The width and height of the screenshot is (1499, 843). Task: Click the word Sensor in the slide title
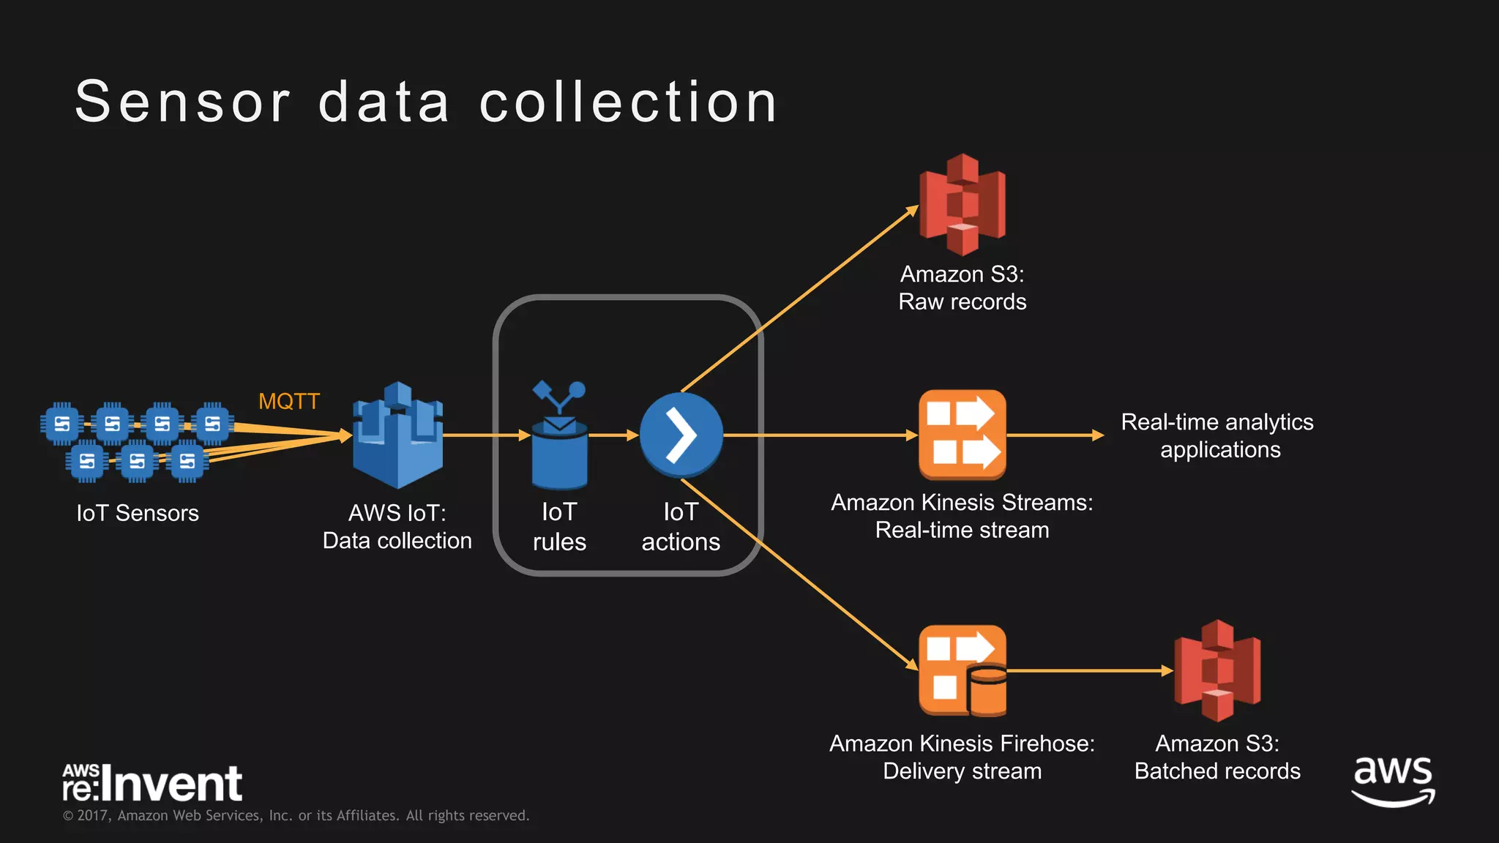183,102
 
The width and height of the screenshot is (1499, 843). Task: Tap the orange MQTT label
289,402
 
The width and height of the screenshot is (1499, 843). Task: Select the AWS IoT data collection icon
397,436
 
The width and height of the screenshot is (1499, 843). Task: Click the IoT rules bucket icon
559,446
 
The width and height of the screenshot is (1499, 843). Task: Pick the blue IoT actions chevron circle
681,435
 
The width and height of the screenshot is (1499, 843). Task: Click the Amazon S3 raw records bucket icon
962,205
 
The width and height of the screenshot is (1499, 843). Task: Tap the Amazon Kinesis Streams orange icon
962,435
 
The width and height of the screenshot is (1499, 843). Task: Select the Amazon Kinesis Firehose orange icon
962,670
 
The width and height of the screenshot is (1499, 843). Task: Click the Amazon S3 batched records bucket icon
1217,670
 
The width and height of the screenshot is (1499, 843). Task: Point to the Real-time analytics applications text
1218,435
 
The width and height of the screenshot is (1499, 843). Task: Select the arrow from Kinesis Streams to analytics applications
1054,435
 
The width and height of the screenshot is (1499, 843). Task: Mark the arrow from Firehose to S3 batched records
1091,670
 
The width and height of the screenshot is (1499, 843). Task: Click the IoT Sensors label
138,513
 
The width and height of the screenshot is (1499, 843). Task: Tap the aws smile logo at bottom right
1393,782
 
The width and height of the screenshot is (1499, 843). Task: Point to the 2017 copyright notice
296,815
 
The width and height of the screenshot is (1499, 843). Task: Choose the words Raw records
962,301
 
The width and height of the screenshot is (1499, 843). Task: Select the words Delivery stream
962,771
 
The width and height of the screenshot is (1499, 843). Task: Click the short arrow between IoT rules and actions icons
613,435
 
